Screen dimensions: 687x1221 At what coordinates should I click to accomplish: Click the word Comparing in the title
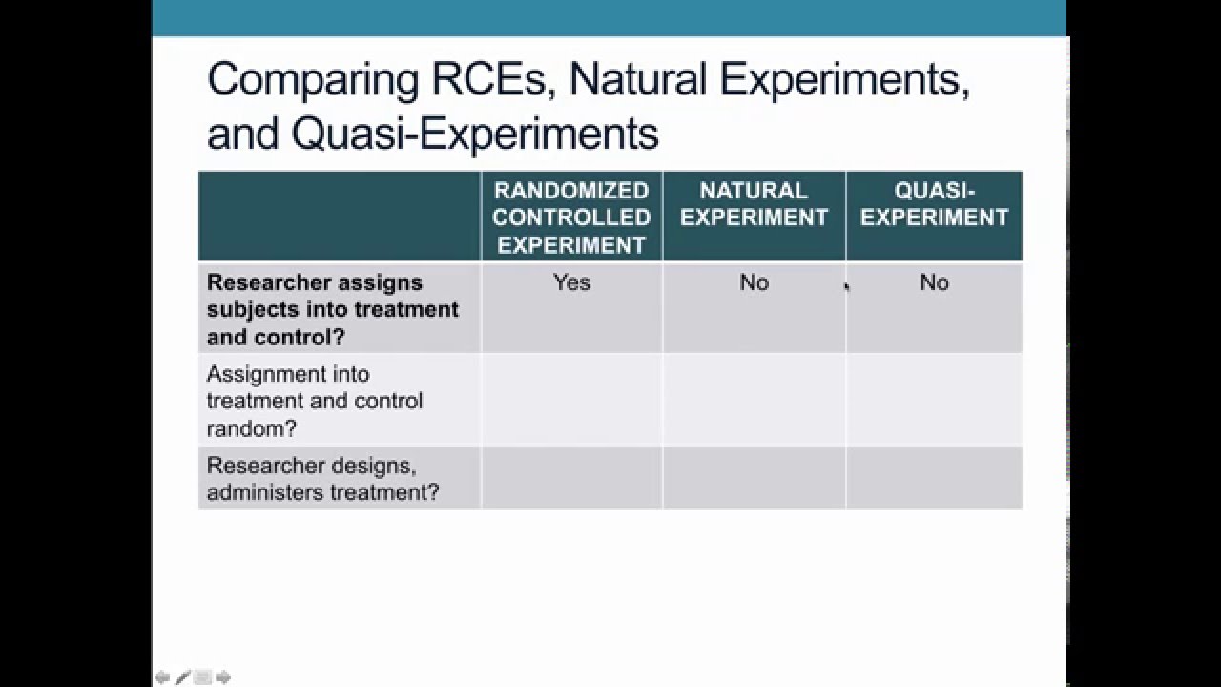(x=312, y=80)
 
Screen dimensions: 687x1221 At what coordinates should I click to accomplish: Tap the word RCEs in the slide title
(x=489, y=78)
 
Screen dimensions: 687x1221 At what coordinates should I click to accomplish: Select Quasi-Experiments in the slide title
(x=475, y=134)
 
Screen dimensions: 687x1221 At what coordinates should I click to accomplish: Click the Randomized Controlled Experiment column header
(x=571, y=218)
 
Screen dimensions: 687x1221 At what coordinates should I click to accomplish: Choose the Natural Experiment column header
(x=754, y=204)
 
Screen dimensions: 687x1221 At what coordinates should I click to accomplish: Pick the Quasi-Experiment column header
(x=934, y=204)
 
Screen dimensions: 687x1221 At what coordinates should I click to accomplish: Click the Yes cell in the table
(x=571, y=282)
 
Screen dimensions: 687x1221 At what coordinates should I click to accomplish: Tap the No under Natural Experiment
(x=754, y=282)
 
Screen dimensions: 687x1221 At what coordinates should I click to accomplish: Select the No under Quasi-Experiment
(x=934, y=282)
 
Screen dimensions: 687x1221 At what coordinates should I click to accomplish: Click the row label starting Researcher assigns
(x=332, y=309)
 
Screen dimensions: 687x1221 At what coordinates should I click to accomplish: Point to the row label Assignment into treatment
(x=316, y=401)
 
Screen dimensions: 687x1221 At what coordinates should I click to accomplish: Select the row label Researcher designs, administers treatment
(x=323, y=479)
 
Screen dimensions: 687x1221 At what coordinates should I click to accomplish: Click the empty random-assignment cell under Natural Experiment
(x=754, y=401)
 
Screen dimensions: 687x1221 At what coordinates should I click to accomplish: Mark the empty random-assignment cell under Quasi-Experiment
(x=934, y=401)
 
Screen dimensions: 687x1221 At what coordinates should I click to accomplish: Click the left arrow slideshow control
(x=162, y=677)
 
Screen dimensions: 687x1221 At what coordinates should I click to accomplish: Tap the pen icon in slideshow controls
(x=182, y=677)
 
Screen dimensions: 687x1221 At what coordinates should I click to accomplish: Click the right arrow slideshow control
(x=223, y=677)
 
